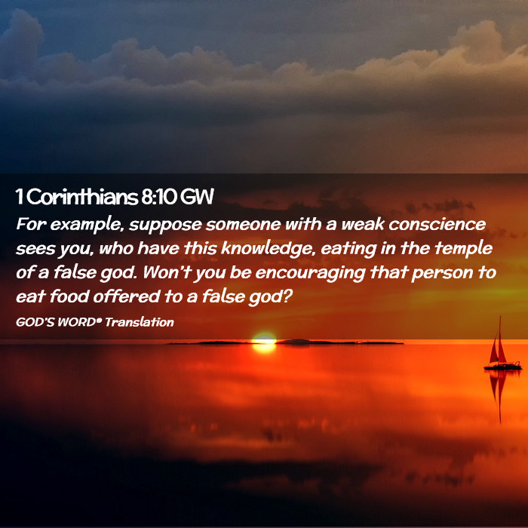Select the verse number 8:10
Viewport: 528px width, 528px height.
pos(158,197)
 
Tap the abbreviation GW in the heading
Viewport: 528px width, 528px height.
pos(197,197)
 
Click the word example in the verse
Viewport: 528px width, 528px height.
pos(85,226)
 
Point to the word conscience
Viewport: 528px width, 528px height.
pos(437,225)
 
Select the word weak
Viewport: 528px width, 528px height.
pos(363,224)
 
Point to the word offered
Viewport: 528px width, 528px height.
pos(127,296)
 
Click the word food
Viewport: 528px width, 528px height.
pos(69,296)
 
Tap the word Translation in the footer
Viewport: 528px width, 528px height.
pos(140,322)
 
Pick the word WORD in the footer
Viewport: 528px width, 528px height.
pos(78,322)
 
